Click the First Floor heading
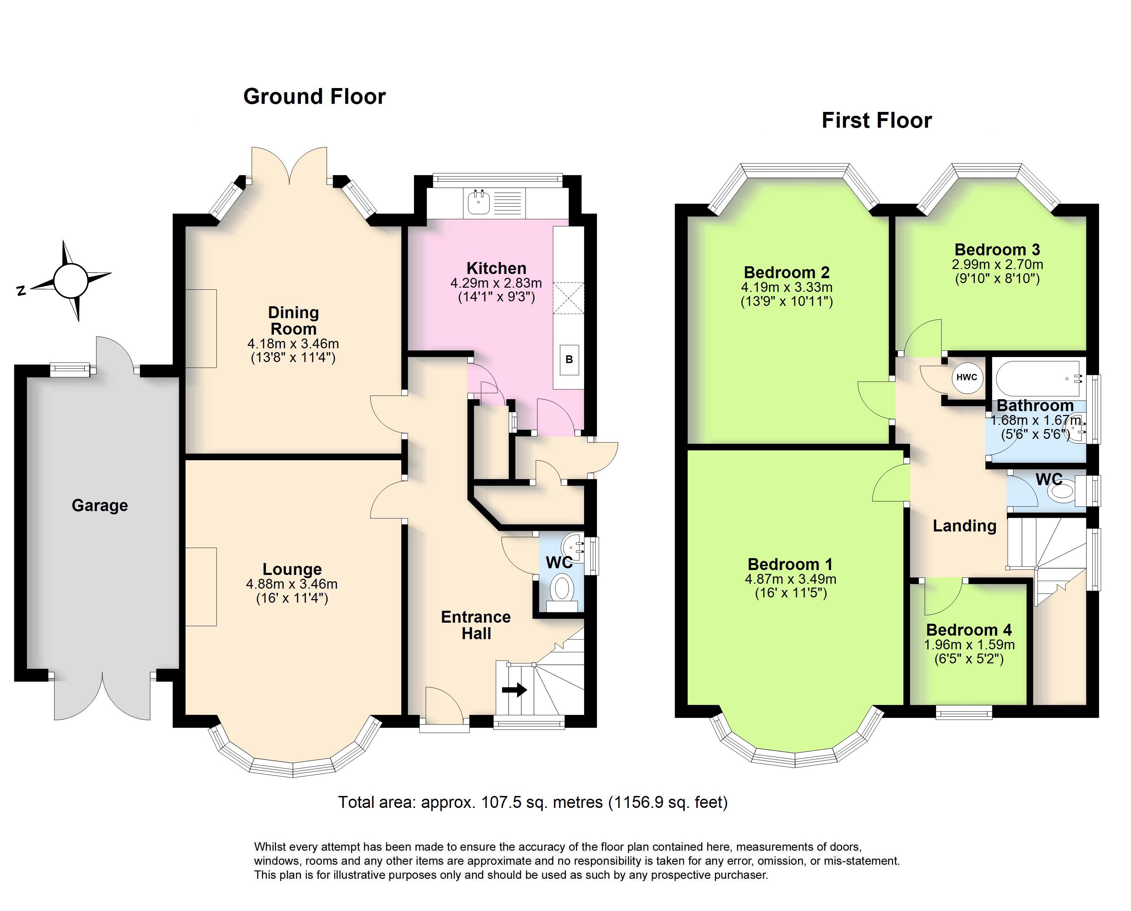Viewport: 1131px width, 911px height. point(876,120)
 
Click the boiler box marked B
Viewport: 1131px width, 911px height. point(569,360)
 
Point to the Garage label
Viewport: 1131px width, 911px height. point(100,505)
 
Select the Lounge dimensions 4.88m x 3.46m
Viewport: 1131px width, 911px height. point(292,584)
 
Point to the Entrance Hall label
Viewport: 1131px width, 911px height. point(476,625)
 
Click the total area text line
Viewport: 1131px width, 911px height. point(533,802)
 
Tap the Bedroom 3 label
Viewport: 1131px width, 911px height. point(997,249)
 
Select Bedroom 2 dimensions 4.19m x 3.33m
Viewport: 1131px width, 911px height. point(786,288)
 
